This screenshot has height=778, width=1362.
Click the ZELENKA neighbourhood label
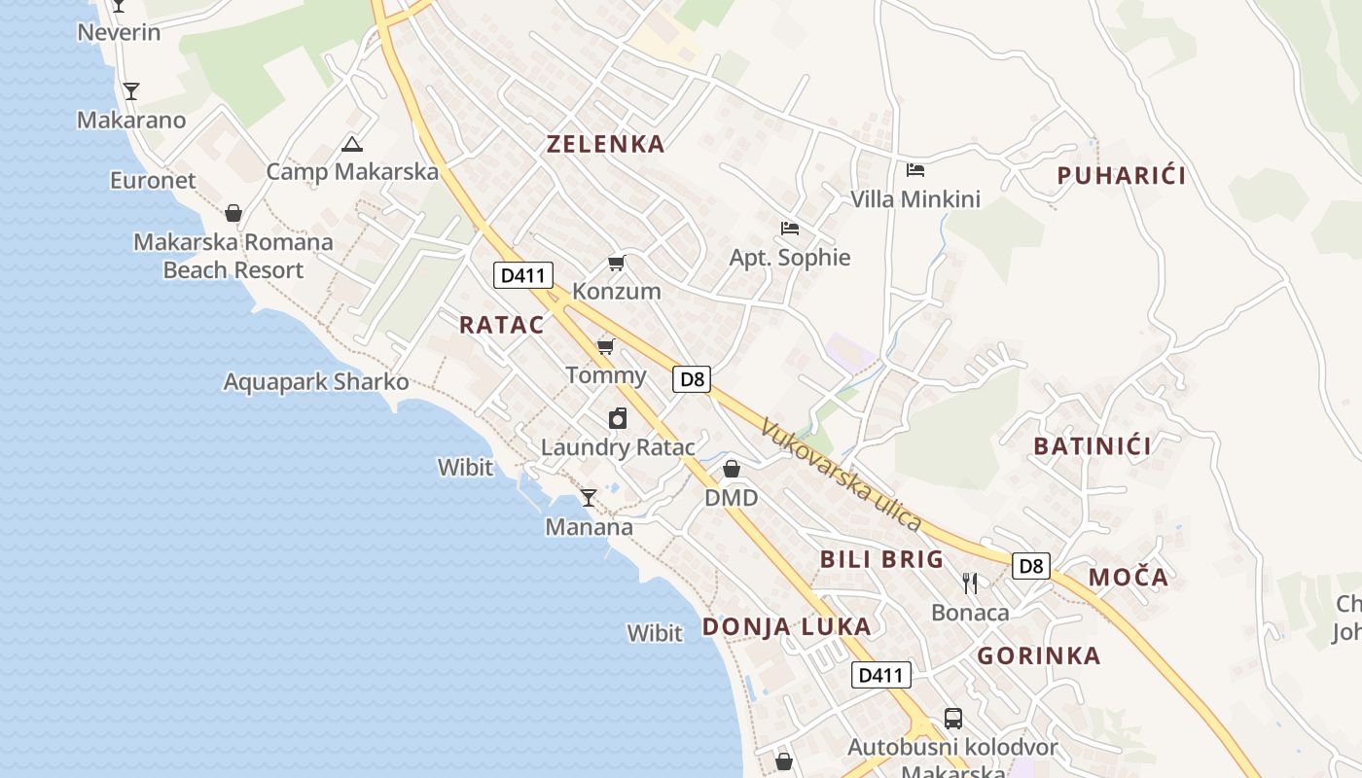coord(605,144)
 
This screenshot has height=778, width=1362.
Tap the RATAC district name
coord(502,325)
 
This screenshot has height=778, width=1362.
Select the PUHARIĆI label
coord(1122,176)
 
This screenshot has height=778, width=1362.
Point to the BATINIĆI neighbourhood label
coord(1093,446)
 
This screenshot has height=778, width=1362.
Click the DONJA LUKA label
coord(786,626)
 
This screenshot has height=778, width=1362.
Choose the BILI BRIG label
coord(881,559)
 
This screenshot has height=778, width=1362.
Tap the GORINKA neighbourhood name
coord(1039,655)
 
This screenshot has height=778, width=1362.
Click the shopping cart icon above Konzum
coord(616,263)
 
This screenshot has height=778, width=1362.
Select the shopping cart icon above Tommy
coord(606,346)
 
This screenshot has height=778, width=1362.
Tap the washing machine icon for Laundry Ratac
coord(618,418)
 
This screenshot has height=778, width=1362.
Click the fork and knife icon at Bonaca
coord(969,583)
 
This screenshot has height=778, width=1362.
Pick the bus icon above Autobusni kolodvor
coord(952,719)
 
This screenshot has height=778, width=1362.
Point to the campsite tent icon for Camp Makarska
coord(351,145)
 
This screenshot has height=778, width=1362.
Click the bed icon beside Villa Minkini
coord(914,170)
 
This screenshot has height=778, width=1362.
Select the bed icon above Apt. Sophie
coord(790,229)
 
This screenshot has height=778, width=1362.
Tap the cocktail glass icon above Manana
coord(589,498)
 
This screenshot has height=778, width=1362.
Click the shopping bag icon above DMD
coord(732,469)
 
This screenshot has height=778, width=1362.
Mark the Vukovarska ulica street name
coord(841,475)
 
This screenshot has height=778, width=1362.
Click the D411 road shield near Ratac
coord(523,275)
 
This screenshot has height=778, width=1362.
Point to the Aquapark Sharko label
coord(316,381)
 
